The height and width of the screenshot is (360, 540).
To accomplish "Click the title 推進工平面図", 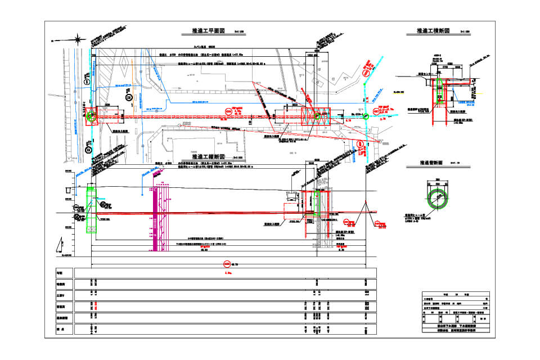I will click(x=209, y=31).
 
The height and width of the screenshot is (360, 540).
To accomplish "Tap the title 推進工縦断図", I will click(x=209, y=156).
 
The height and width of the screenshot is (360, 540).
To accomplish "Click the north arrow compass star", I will click(x=77, y=39).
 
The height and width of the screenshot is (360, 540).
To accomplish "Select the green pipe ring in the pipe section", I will click(x=437, y=197).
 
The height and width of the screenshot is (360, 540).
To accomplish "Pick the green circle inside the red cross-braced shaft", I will click(x=317, y=116).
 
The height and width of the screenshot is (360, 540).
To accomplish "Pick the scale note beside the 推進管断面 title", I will click(x=455, y=163).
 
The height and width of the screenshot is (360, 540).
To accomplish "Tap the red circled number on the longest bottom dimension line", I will click(x=227, y=262).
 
